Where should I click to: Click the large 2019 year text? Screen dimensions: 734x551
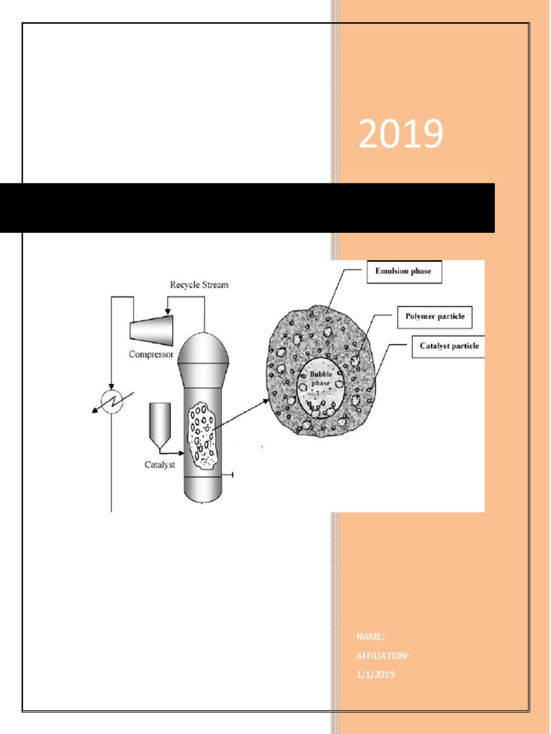pos(400,135)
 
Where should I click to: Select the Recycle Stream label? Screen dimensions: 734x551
pos(199,285)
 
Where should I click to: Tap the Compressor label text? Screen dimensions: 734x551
pos(151,354)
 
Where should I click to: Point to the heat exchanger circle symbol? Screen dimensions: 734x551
pos(111,401)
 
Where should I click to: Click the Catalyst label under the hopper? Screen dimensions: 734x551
pos(159,465)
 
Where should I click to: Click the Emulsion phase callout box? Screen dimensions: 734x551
pos(404,272)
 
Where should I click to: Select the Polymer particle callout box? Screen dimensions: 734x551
pos(435,316)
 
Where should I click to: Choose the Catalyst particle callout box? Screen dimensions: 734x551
pos(448,346)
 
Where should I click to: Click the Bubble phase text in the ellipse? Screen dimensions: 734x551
pos(320,378)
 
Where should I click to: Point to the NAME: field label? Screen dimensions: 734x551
pos(370,637)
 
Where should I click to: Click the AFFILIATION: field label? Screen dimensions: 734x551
pos(382,656)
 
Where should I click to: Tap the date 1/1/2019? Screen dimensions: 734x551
pos(375,675)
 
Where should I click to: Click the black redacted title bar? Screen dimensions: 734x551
pos(247,208)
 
